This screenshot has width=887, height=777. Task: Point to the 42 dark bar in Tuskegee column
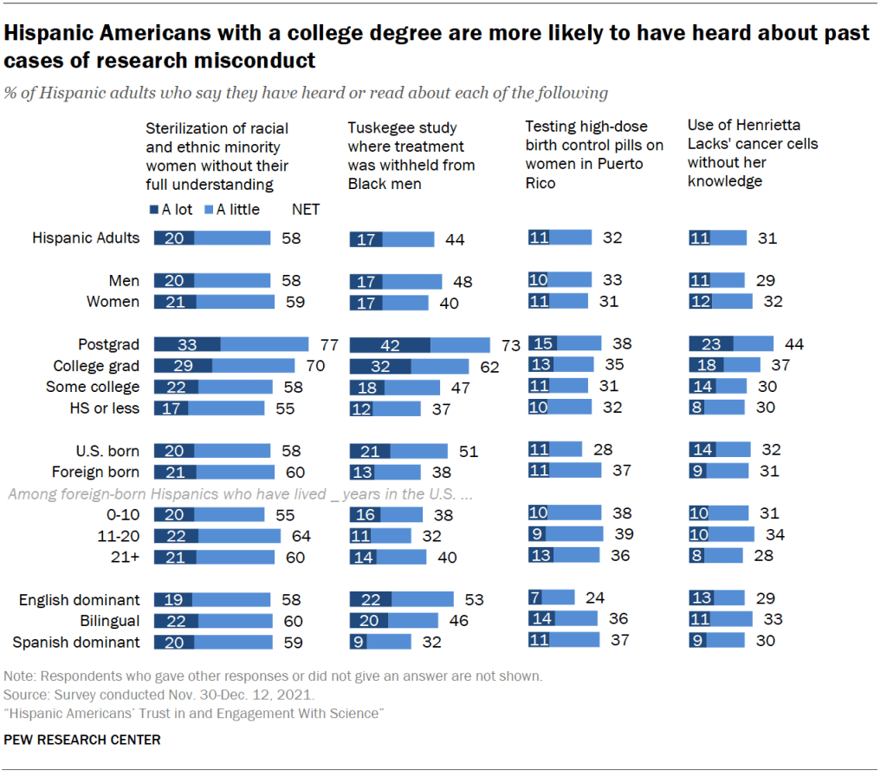pyautogui.click(x=390, y=345)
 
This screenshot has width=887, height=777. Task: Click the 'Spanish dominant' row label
pyautogui.click(x=75, y=642)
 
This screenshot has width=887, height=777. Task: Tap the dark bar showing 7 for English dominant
pyautogui.click(x=535, y=597)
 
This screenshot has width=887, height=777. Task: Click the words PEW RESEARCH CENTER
pyautogui.click(x=82, y=740)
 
